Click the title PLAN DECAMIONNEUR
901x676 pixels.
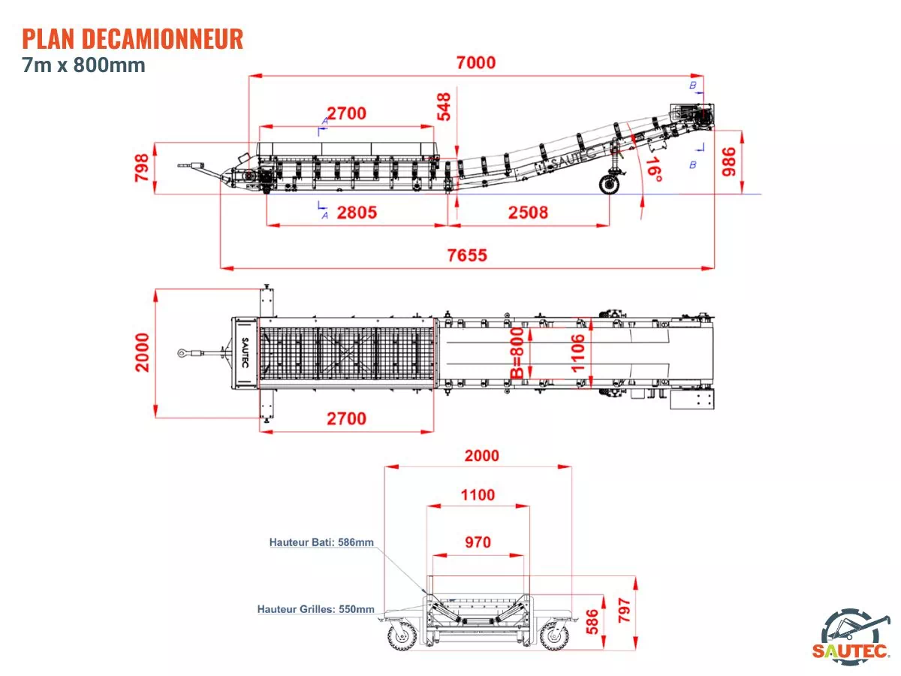(x=133, y=38)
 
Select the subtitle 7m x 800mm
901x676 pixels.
(x=83, y=65)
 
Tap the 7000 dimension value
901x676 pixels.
(x=476, y=62)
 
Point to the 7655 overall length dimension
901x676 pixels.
(x=467, y=255)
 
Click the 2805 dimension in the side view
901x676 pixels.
(x=357, y=213)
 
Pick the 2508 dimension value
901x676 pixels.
(x=529, y=213)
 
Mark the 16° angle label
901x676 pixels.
(x=654, y=169)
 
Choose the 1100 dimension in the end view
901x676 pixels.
(x=478, y=495)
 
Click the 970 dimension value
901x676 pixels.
(x=478, y=542)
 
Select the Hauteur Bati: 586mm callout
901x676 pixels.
(x=321, y=542)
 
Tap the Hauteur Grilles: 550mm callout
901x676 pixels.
(x=315, y=609)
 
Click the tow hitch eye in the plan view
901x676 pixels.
(x=183, y=352)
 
